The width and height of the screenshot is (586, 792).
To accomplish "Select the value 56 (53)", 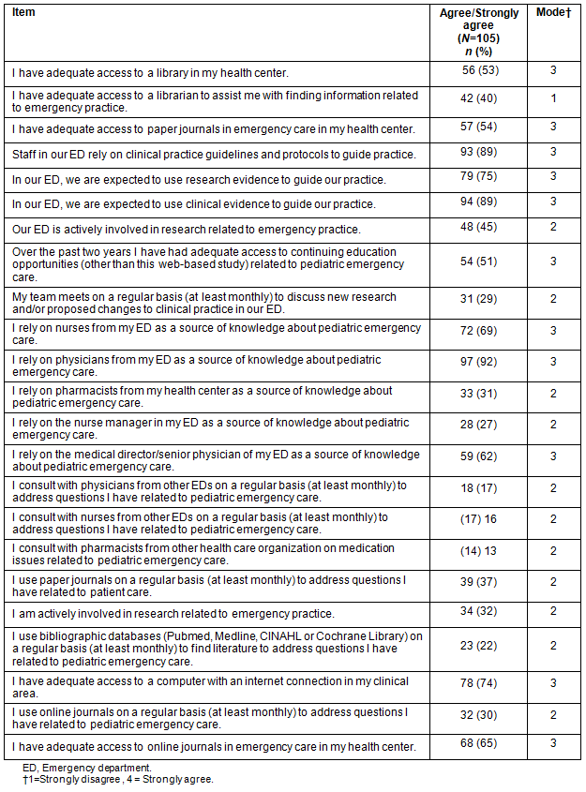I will tap(482, 71).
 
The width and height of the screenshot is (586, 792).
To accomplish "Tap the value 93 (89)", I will tap(482, 153).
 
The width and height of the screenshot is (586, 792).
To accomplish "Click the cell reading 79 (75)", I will tap(482, 178).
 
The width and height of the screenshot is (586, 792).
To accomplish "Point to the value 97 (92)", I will tap(482, 365).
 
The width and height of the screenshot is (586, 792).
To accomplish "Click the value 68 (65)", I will tap(482, 745).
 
